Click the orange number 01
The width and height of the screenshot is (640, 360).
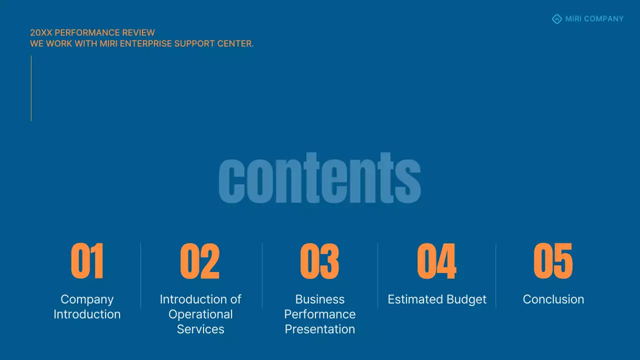pos(87,261)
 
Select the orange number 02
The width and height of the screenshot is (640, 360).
pos(199,261)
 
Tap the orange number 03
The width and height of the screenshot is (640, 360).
pos(319,261)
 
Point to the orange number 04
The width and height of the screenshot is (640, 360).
pos(436,261)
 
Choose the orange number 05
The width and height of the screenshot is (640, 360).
pos(553,261)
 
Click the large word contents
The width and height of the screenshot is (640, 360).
pos(319,178)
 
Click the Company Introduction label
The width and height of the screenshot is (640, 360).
pos(87,306)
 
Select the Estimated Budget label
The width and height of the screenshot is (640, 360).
pos(437,299)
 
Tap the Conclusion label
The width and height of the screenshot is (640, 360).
pos(553,299)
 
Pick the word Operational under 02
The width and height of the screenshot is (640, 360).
pos(200,314)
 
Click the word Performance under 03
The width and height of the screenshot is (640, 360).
pos(320,314)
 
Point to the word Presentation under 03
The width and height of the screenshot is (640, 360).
pos(320,329)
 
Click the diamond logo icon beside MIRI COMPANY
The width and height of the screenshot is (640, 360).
pos(556,19)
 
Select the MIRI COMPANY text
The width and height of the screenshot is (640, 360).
pos(594,19)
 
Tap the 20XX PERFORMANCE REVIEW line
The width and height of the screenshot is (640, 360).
pos(92,33)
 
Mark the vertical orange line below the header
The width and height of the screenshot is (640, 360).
pos(31,88)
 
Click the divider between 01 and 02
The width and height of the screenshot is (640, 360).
pos(141,275)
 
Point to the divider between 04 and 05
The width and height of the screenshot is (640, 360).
pos(496,275)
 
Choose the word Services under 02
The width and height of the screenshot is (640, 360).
pos(200,329)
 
